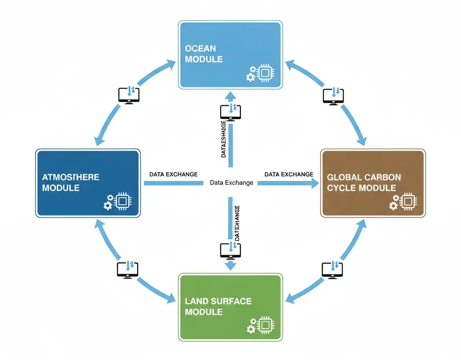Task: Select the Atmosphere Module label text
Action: coord(71,182)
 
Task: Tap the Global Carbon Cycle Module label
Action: coord(364,182)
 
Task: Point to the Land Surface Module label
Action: coord(218,306)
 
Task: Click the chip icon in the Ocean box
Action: coord(266,73)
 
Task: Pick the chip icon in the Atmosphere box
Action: coord(122,202)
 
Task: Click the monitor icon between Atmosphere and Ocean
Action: coord(129,95)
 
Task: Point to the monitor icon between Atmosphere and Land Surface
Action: coord(128,270)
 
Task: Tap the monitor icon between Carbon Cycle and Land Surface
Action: coord(333,269)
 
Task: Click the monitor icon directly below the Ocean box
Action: coord(230,112)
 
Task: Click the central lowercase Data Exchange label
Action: coord(231,183)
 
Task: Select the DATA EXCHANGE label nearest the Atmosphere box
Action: coord(173,174)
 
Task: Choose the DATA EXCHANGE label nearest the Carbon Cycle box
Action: coord(289,174)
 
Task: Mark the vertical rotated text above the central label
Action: coord(224,139)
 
